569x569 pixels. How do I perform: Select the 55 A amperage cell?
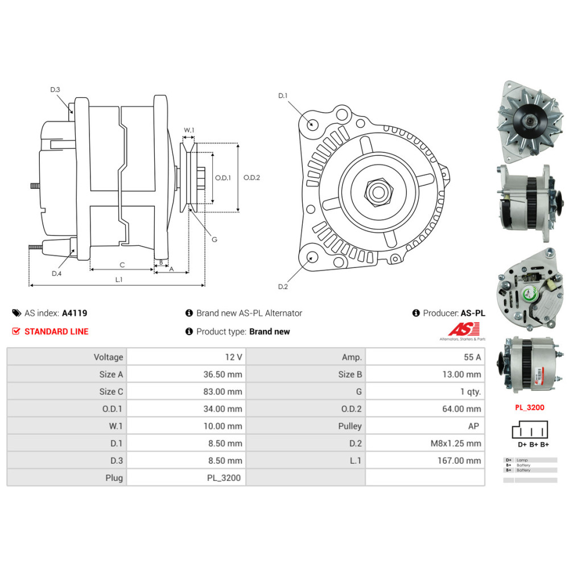[x=472, y=357]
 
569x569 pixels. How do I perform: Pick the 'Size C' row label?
[x=111, y=391]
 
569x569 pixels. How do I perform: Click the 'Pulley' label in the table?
[x=349, y=426]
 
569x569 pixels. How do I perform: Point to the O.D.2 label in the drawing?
[x=251, y=178]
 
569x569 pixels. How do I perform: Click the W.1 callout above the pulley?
[x=189, y=130]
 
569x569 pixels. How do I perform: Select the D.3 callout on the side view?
[x=55, y=89]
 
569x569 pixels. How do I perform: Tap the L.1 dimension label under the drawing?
[x=119, y=279]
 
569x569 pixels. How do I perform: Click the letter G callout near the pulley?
[x=215, y=240]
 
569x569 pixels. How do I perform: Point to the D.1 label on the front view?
[x=283, y=96]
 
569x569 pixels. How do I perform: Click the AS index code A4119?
[x=75, y=313]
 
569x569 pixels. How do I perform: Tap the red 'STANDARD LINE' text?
[x=56, y=331]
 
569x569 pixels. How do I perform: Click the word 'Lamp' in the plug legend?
[x=523, y=460]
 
